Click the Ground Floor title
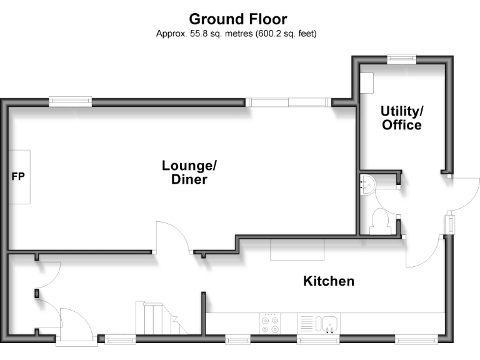click(x=237, y=19)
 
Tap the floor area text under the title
click(x=236, y=34)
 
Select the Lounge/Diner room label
click(x=189, y=172)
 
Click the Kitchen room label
click(x=329, y=281)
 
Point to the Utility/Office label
click(x=402, y=118)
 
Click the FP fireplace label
click(x=18, y=177)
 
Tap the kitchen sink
click(x=328, y=323)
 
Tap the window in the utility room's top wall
click(x=401, y=59)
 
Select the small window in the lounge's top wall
click(x=71, y=101)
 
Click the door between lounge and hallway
click(x=172, y=237)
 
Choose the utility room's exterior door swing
click(x=463, y=194)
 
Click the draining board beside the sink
click(x=306, y=323)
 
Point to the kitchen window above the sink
click(x=318, y=339)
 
